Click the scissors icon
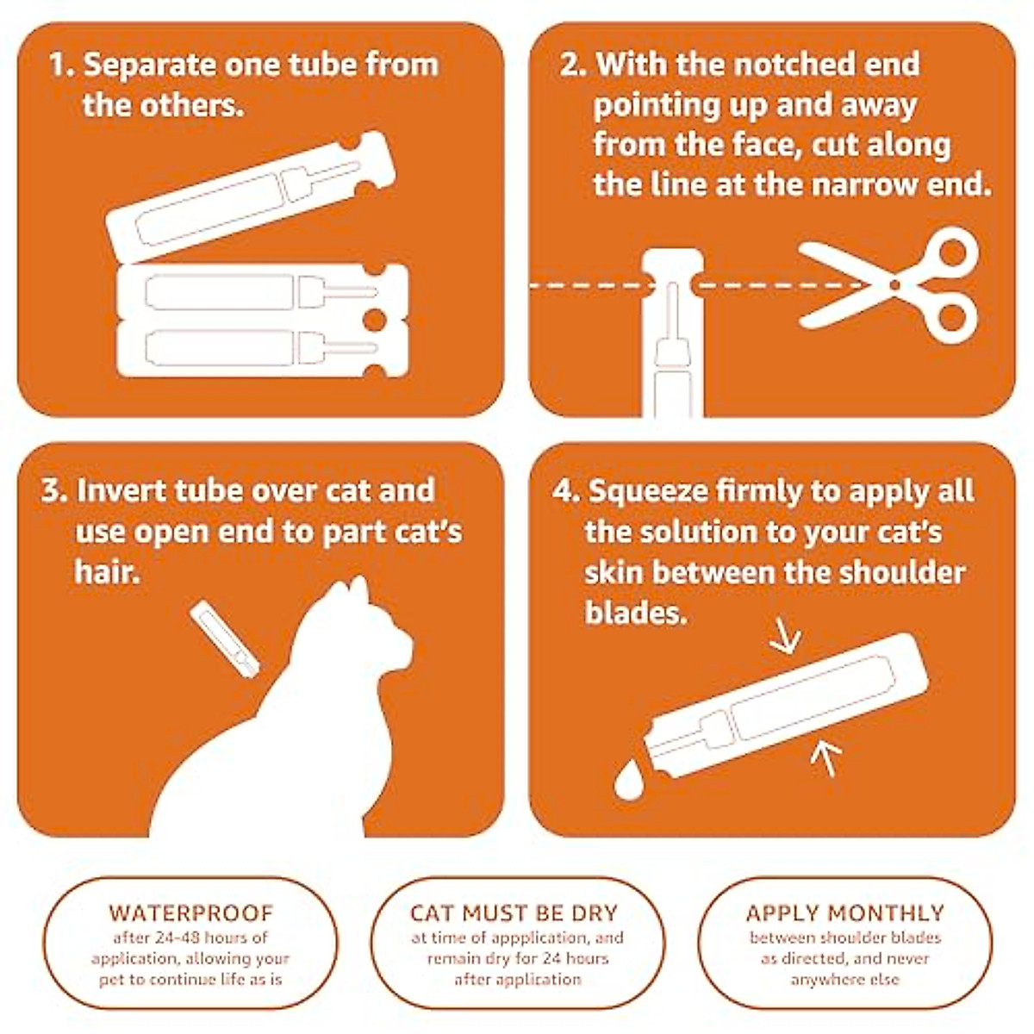point(896,284)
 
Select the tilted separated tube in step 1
point(250,198)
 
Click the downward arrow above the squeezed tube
point(785,638)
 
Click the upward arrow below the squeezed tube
point(825,758)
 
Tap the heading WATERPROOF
point(190,913)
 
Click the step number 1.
point(58,65)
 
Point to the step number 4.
point(564,492)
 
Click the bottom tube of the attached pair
point(258,348)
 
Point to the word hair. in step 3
point(107,571)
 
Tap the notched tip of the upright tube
point(674,263)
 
